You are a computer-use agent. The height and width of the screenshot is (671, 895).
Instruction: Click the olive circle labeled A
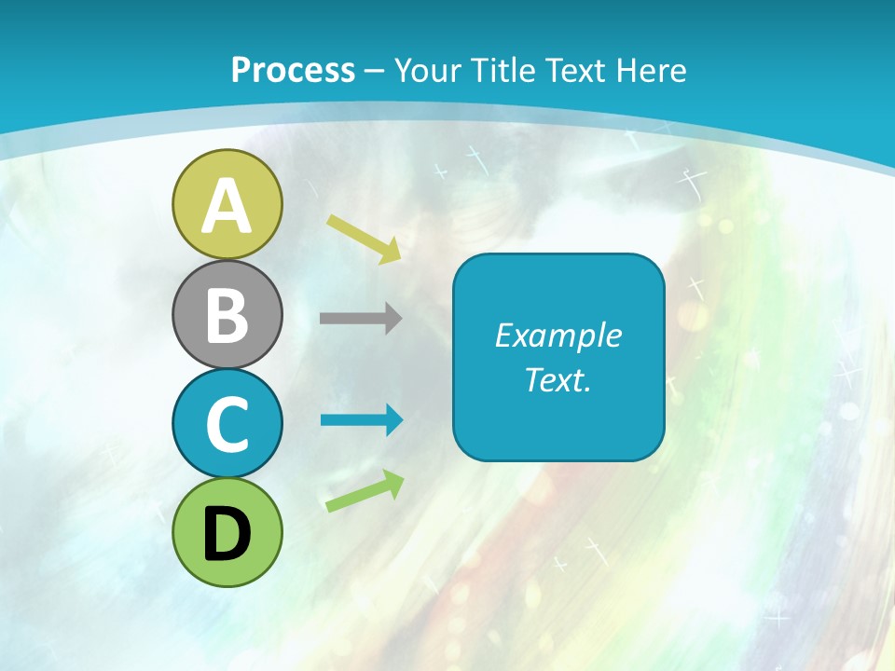pos(227,204)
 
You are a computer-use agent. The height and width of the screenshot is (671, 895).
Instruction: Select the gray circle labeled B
pos(227,314)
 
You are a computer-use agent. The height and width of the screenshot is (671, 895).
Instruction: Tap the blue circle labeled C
pos(227,423)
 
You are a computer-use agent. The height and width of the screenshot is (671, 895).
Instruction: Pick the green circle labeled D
pos(227,532)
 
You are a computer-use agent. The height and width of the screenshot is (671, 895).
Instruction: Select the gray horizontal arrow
pos(361,319)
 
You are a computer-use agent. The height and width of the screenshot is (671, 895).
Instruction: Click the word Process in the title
pos(293,70)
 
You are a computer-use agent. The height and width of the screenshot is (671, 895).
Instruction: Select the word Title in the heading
pos(499,70)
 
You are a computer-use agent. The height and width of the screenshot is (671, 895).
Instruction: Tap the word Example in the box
pos(558,335)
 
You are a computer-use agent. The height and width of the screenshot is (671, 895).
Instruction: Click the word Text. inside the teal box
pos(558,380)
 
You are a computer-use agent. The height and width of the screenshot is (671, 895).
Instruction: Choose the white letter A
pos(227,206)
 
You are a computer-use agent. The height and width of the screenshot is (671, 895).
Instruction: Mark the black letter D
pos(227,534)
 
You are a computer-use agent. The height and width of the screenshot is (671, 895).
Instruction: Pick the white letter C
pos(227,425)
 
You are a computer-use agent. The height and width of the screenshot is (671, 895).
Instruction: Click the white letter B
pos(227,315)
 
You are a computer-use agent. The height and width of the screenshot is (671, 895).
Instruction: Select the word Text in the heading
pos(570,70)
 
